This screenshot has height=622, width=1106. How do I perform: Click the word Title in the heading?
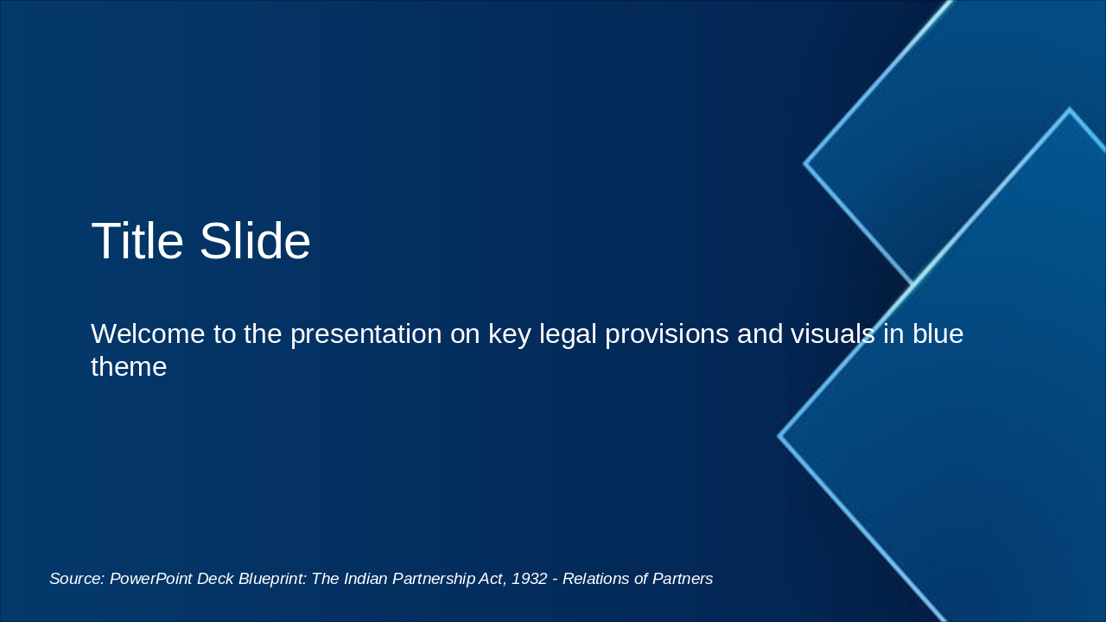[x=137, y=241]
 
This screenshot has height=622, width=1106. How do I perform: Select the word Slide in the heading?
[x=255, y=241]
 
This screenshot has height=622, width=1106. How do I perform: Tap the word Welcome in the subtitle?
[x=148, y=333]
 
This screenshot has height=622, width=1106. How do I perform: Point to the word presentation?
[x=365, y=334]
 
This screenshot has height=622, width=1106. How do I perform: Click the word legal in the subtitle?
[x=568, y=334]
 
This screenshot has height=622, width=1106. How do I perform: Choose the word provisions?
[x=666, y=334]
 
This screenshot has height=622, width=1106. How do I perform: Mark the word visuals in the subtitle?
[x=832, y=333]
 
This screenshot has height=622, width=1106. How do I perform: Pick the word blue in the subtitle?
[x=938, y=333]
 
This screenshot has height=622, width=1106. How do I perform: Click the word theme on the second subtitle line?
[x=129, y=367]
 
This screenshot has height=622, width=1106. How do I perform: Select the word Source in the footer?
[x=77, y=579]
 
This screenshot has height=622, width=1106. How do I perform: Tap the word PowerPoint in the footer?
[x=150, y=579]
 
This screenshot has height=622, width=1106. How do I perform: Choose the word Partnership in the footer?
[x=434, y=579]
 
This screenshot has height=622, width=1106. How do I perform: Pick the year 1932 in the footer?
[x=530, y=579]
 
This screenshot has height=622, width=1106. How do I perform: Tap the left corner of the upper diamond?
[x=804, y=163]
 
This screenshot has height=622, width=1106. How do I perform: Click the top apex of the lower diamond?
[x=1070, y=109]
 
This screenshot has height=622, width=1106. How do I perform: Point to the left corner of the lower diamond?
[x=779, y=436]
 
